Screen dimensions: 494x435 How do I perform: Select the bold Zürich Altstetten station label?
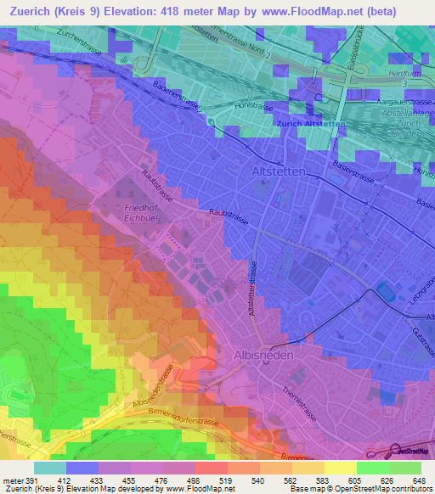tap(311, 125)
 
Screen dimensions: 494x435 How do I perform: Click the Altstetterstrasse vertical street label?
tap(253, 289)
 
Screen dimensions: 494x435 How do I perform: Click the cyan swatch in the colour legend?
tap(49, 468)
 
